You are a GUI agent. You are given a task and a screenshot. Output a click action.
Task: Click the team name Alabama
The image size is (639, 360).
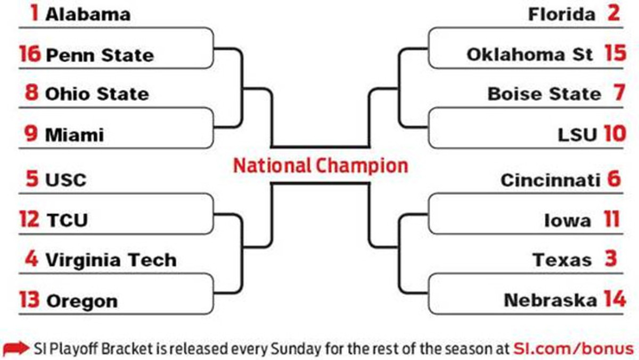87,14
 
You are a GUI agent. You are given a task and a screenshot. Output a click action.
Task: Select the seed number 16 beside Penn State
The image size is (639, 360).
30,54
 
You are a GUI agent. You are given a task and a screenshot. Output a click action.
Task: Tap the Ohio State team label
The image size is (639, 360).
97,94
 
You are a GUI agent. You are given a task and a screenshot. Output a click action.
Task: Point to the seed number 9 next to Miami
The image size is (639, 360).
31,134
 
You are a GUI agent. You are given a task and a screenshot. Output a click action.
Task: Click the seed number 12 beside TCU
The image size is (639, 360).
30,219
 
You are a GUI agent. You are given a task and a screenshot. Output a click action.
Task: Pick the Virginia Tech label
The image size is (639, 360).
111,260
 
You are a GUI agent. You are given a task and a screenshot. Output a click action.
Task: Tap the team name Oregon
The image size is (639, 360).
82,301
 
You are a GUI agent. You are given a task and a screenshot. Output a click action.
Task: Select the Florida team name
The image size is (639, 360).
562,14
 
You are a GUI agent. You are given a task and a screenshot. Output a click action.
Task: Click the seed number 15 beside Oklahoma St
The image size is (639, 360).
615,54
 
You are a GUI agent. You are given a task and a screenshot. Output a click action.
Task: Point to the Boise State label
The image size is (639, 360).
544,94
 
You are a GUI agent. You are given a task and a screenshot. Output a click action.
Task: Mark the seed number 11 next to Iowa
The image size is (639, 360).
612,219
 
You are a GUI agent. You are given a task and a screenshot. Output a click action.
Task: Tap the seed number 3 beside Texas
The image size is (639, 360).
610,259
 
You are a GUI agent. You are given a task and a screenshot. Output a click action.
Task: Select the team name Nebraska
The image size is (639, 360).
550,301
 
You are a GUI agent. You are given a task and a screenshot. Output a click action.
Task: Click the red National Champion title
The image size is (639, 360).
321,166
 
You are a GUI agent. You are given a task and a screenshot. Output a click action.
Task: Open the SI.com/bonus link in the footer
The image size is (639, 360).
574,349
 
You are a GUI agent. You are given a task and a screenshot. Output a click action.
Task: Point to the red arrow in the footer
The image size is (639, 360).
17,349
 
